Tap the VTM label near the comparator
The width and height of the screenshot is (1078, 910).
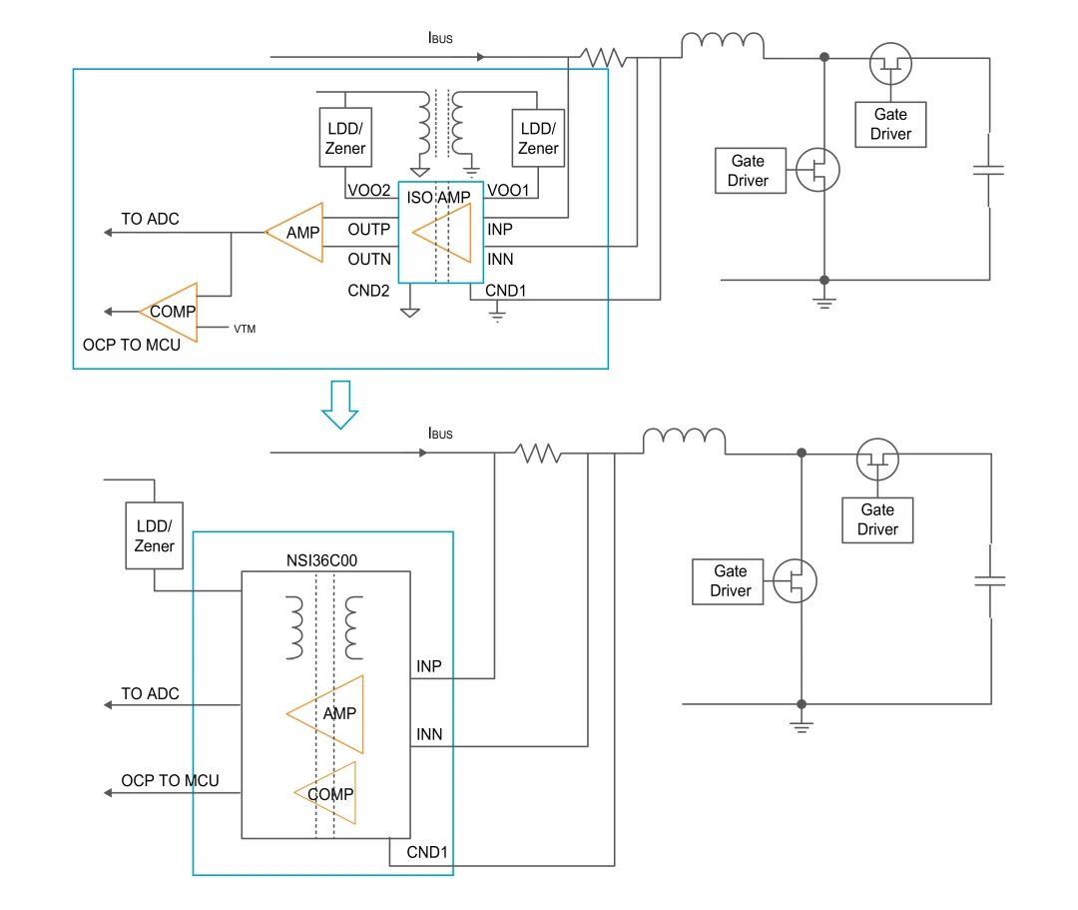click(245, 329)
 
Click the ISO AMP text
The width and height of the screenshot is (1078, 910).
click(439, 197)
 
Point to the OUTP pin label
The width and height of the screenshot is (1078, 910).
click(369, 230)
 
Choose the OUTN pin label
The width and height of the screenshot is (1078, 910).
click(369, 259)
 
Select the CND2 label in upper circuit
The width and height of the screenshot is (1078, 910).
click(368, 292)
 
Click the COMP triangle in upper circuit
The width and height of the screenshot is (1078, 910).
click(172, 312)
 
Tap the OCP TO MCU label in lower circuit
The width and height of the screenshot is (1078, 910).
click(170, 780)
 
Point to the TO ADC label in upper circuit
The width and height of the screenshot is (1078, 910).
click(150, 219)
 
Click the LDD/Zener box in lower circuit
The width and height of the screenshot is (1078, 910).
click(154, 536)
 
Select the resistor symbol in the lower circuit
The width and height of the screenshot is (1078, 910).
click(539, 454)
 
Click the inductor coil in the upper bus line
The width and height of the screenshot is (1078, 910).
click(723, 45)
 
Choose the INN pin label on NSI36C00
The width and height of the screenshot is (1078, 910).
click(429, 735)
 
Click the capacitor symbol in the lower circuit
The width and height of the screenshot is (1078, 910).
click(989, 580)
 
